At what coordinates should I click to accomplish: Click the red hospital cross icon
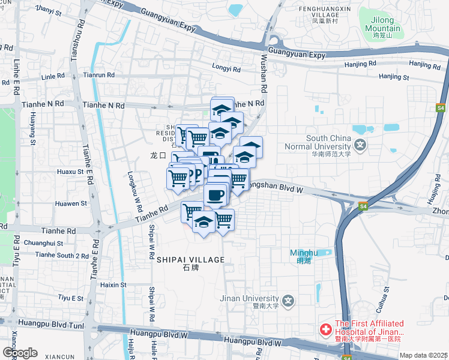point(325,330)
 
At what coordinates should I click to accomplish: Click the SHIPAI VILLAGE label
point(190,260)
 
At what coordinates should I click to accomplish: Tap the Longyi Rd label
point(226,69)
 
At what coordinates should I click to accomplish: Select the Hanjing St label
point(394,77)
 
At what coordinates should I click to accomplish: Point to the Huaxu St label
point(70,172)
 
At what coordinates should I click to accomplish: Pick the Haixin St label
point(113,284)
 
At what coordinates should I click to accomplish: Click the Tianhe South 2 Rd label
point(62,256)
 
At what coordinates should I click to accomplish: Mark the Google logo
point(20,353)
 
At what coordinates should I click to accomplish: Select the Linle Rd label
point(53,77)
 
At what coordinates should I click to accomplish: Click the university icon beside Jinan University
point(289,300)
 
